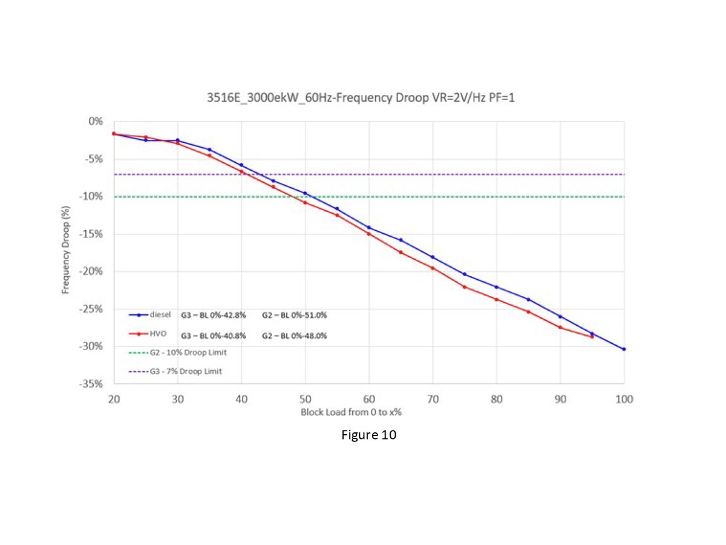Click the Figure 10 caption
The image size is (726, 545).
coord(368,435)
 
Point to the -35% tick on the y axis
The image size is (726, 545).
coord(93,384)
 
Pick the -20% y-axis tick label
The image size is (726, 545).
coord(93,271)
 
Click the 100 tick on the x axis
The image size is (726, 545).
coord(624,399)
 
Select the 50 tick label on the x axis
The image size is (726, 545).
coord(305,399)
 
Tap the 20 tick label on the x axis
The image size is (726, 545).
coord(114,399)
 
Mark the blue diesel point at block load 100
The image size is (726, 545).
coord(624,349)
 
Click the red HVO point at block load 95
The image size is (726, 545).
coord(592,337)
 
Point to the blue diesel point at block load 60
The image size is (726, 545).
coord(369,228)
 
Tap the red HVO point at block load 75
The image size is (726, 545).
coord(464,286)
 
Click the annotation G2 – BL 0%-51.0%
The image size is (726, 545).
coord(295,315)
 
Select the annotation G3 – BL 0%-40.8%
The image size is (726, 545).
coord(214,335)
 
